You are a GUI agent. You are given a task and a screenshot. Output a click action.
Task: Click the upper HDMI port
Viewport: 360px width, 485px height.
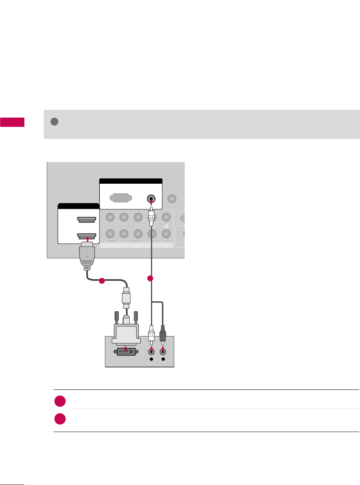[87, 220]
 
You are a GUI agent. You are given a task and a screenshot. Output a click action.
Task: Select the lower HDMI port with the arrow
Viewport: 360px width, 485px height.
[87, 236]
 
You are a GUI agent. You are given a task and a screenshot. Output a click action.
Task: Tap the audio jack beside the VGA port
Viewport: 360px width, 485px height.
[151, 199]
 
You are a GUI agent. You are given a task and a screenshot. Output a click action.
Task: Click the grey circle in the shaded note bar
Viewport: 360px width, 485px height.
[55, 121]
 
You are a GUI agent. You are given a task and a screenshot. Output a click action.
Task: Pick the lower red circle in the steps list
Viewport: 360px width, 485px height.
[60, 420]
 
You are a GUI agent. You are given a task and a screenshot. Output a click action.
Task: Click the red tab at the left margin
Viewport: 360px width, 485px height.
[12, 122]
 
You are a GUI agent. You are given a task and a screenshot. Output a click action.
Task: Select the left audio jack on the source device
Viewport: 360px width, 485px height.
[151, 352]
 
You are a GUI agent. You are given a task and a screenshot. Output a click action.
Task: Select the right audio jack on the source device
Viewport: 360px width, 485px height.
[163, 352]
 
